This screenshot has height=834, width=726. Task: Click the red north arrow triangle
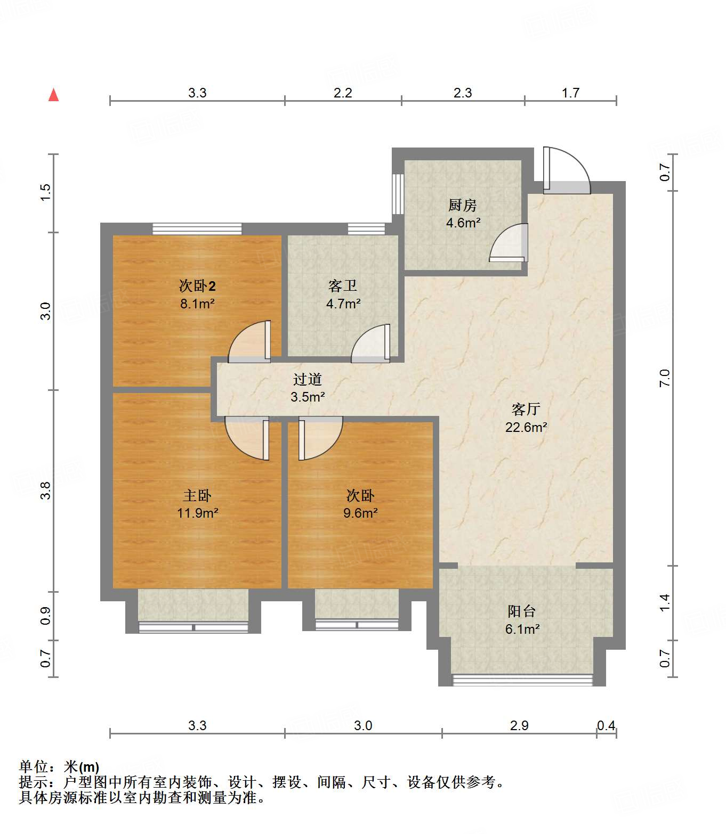53,95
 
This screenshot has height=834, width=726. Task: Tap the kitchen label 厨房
462,205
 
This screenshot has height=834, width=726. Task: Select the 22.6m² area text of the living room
526,427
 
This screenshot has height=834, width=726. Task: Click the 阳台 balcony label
521,611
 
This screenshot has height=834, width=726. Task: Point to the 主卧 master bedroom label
197,495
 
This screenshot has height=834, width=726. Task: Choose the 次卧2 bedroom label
197,286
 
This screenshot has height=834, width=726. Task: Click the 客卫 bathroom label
343,286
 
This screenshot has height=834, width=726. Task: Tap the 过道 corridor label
307,379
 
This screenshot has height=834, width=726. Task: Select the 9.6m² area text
360,512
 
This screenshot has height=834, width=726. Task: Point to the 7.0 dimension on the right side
664,378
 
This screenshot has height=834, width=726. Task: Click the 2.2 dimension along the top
343,93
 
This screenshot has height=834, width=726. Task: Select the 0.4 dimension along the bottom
606,725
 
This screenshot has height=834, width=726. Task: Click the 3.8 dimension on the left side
45,490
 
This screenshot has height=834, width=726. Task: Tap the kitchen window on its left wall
398,194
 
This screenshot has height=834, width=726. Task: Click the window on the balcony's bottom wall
522,680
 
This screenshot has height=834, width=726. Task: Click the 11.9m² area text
197,512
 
